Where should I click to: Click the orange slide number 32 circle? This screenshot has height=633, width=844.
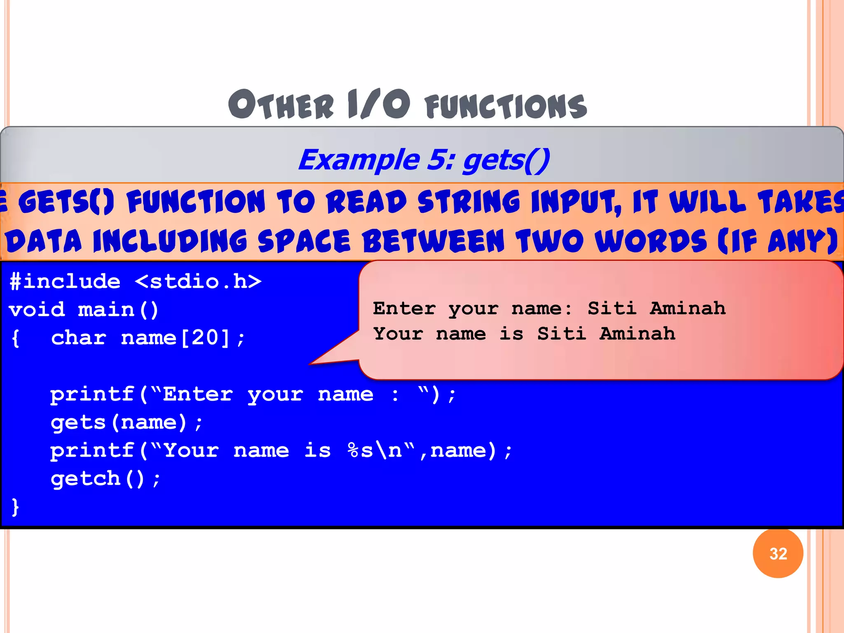coord(778,553)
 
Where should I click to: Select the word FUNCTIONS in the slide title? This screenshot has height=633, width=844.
coord(506,106)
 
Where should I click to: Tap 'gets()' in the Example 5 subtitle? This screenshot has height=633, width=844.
coord(506,160)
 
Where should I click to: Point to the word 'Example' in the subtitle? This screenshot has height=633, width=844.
coord(359,160)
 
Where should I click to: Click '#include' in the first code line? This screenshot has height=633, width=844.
coord(65,282)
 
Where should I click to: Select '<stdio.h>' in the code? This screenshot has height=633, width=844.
coord(198,282)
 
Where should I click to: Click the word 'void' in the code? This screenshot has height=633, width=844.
coord(37,310)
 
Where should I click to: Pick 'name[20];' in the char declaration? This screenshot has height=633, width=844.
coord(183,338)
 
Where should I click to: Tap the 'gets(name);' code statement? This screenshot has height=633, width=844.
coord(127,422)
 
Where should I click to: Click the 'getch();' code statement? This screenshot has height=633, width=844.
coord(105,479)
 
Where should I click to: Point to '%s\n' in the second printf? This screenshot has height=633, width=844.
coord(375,450)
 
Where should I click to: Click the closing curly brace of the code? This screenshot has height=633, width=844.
coord(15,507)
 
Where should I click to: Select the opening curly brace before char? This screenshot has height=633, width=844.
coord(15,338)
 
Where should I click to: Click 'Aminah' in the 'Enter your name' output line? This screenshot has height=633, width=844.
coord(687,308)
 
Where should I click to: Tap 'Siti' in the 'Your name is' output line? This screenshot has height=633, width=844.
coord(561,334)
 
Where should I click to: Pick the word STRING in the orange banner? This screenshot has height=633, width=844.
coord(469,202)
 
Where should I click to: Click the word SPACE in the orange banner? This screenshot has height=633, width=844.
coord(304,241)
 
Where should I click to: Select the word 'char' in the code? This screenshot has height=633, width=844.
coord(79,338)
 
